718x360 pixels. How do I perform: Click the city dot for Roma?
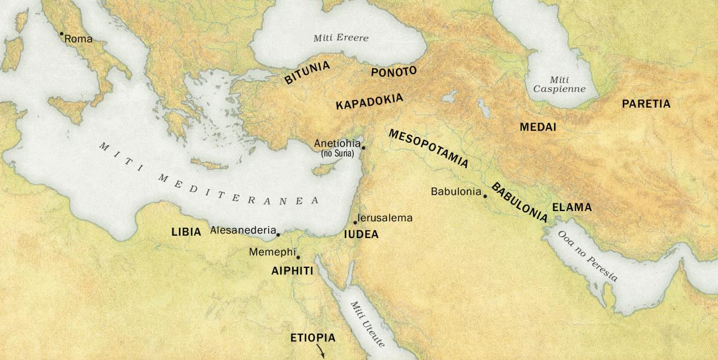(61, 34)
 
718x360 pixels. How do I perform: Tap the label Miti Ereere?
(341, 38)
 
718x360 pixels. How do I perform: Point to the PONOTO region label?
(394, 72)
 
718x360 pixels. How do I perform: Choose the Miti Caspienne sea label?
(560, 84)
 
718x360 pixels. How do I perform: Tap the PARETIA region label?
(646, 104)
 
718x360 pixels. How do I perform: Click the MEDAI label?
(538, 127)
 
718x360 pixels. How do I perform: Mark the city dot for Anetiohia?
(363, 147)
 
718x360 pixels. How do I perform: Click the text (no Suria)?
(338, 154)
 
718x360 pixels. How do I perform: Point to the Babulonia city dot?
(485, 196)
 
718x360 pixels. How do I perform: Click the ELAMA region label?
(571, 208)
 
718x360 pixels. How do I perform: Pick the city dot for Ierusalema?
(355, 222)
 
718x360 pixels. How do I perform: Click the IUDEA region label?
(361, 234)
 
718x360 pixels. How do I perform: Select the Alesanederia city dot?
(278, 234)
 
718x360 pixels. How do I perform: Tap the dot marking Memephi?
(298, 257)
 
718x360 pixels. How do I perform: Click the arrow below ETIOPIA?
(321, 352)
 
